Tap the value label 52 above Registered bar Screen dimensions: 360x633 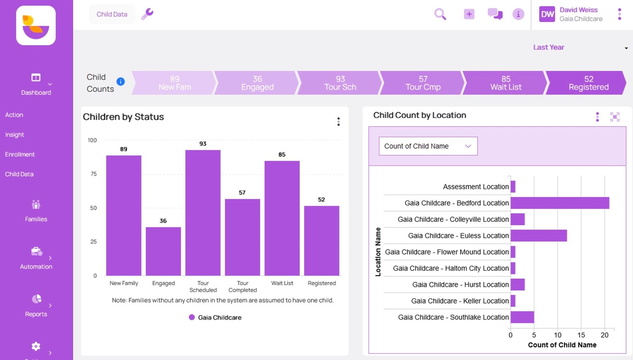321,200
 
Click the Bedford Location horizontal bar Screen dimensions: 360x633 560,203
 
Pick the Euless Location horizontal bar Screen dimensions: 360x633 539,236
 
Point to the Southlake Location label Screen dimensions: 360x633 453,317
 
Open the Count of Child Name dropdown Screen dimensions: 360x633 428,146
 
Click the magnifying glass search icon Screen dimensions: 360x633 440,14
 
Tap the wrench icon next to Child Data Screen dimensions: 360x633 147,14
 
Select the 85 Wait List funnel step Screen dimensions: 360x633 505,83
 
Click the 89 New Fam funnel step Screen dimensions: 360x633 175,83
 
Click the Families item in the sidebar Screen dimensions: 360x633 36,211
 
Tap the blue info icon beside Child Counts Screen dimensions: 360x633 121,81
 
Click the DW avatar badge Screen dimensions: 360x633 547,14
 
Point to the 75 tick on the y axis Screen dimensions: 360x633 93,174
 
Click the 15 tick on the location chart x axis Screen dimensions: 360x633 581,335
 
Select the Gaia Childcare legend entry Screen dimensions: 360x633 215,317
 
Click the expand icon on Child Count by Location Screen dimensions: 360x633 614,117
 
